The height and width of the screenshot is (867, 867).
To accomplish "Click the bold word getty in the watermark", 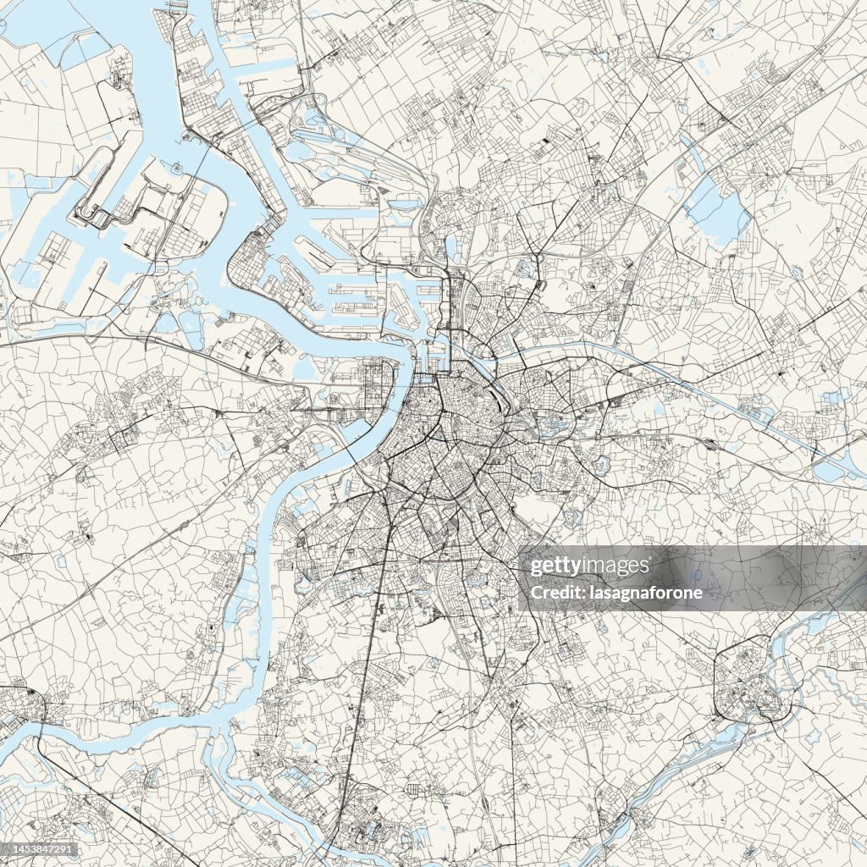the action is (x=554, y=566).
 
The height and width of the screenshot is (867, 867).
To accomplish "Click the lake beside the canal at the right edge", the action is (x=830, y=470).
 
